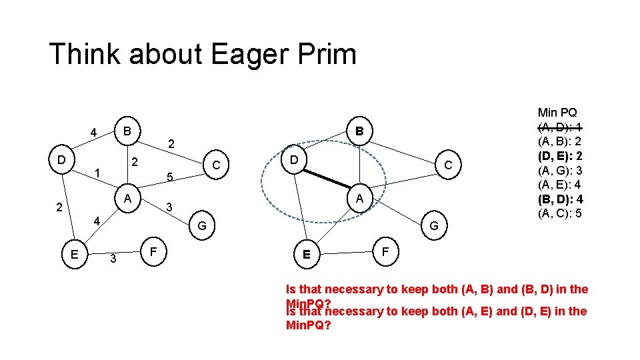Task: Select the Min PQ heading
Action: point(557,113)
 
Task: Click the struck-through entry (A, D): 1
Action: point(561,127)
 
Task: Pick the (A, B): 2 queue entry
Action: point(561,141)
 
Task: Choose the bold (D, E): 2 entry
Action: point(561,156)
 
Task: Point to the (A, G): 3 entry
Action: point(561,171)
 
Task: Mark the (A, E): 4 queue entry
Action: point(561,185)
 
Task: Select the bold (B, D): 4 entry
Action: point(561,199)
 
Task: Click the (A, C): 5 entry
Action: point(561,213)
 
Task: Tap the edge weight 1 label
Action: point(97,173)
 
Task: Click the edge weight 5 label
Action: point(170,177)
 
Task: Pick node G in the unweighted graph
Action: point(434,226)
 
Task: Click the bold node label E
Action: point(306,254)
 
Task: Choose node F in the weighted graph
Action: point(153,253)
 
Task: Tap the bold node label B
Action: point(359,131)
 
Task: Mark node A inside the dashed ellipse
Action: point(359,198)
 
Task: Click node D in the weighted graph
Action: point(61,161)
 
